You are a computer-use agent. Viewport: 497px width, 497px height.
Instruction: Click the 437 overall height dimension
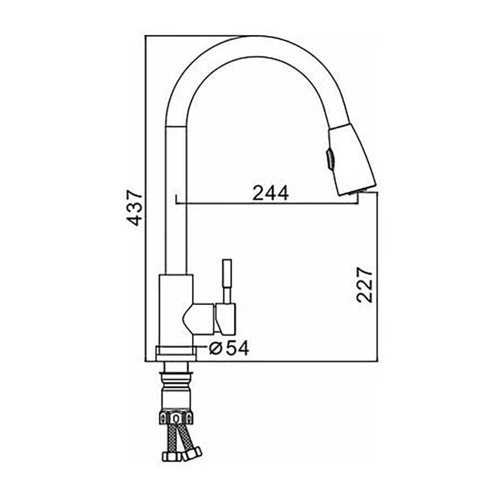tap(134, 207)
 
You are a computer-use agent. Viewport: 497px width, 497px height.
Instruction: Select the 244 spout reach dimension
tap(270, 193)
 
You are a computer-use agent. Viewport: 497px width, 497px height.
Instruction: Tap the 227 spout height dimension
tap(364, 285)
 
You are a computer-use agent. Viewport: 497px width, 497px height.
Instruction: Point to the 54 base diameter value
tap(238, 348)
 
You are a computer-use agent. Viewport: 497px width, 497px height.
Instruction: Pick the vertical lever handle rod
tap(227, 281)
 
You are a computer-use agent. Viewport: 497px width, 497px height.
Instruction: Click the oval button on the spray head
tap(330, 160)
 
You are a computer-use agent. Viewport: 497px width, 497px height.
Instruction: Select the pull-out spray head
tap(352, 160)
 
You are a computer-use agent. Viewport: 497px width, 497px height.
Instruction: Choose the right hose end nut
tap(192, 454)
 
